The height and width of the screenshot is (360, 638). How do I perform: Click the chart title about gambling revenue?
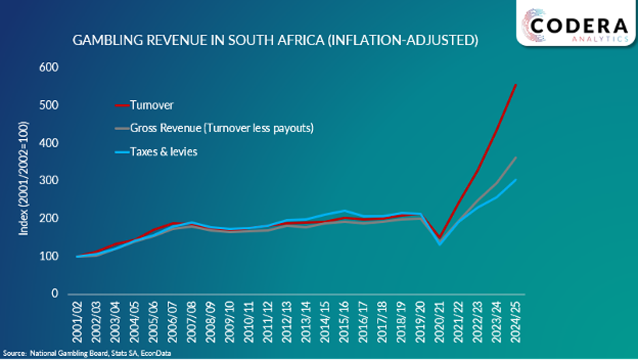[275, 40]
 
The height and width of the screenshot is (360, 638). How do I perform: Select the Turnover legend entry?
[151, 105]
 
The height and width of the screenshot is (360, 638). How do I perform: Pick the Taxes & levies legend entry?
[164, 151]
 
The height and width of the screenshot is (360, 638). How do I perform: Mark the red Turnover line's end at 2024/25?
[515, 85]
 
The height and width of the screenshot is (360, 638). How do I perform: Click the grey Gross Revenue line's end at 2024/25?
[515, 157]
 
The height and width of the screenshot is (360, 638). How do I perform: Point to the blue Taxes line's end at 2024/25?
[515, 180]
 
